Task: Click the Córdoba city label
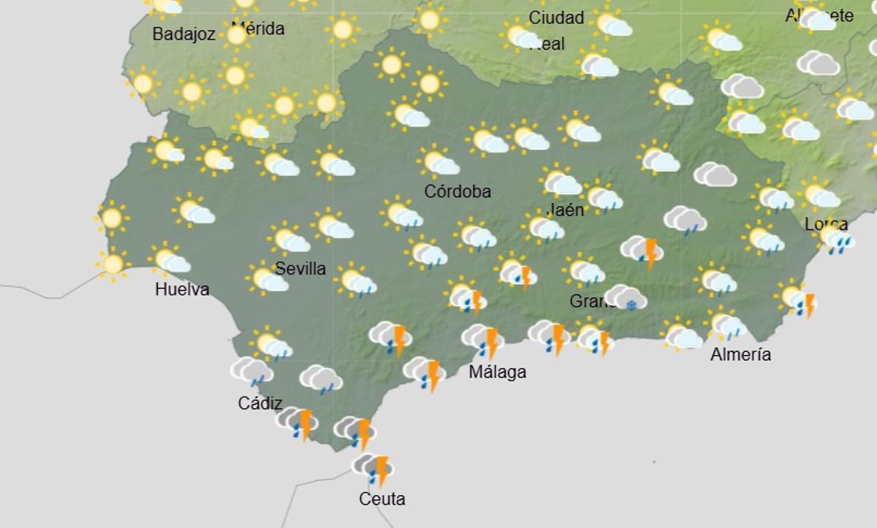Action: coord(458,192)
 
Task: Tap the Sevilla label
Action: coord(300,269)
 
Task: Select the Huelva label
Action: coord(182,290)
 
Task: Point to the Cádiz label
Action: coord(260,403)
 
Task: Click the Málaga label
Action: coord(497,372)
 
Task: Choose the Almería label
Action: coord(740,355)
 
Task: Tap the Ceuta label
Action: coord(381,500)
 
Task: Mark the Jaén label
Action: coord(564,210)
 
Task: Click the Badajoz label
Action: coord(184,34)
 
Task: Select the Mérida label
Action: coord(257,28)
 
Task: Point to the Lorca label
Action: coord(826,224)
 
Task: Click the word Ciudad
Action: coord(556,18)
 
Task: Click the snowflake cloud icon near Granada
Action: coord(626,298)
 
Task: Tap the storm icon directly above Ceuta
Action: coord(373,469)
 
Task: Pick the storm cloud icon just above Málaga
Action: coord(483,340)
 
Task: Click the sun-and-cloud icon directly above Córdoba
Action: coord(438,162)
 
